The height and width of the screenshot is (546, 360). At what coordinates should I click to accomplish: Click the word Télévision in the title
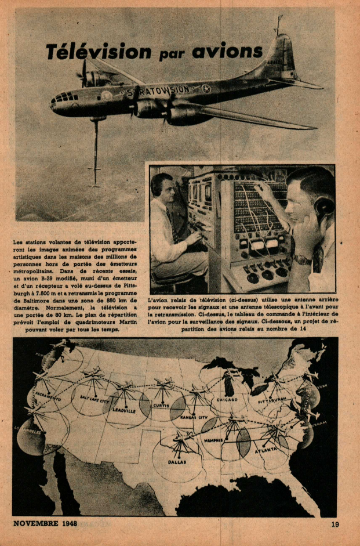click(x=99, y=52)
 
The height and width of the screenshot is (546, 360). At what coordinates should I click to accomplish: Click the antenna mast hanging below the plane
click(x=95, y=151)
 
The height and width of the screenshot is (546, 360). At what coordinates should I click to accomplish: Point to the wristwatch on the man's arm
click(x=301, y=259)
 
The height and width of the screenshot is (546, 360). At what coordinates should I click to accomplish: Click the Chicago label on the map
click(x=227, y=400)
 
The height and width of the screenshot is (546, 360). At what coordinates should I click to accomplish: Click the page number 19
click(x=335, y=525)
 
